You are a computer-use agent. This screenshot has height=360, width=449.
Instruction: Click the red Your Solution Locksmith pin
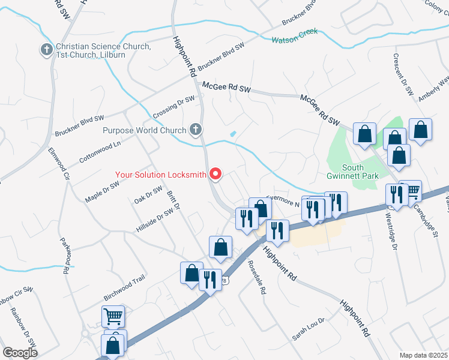215,175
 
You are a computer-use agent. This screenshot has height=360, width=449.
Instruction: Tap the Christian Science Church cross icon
47,50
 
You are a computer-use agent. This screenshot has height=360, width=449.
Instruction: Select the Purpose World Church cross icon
196,130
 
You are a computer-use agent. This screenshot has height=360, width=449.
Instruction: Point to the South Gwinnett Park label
361,171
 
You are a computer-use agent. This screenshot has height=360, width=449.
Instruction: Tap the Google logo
20,353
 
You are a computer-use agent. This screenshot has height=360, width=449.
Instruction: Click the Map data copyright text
424,355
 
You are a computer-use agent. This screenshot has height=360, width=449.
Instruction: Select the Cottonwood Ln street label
100,152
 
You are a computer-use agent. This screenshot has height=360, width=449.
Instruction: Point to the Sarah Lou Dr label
308,328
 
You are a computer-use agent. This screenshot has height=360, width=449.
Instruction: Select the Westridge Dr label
394,230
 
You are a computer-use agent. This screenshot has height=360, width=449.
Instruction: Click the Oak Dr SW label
148,194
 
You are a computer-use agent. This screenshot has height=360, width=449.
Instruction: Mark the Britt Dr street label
173,198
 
